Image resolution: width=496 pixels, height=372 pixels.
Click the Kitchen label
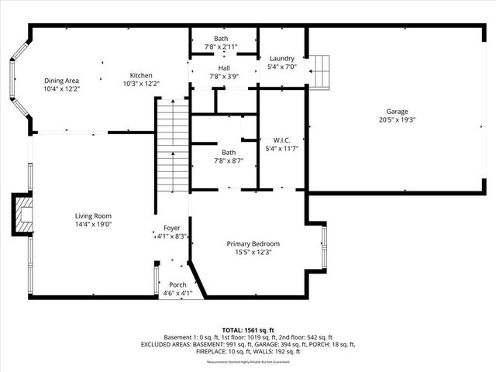tap(140, 75)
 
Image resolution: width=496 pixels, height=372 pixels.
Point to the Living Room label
tap(93, 215)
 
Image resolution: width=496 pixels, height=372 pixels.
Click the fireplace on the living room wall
tap(23, 213)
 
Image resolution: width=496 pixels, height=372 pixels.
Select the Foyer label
tap(171, 228)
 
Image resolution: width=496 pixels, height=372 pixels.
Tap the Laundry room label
tap(281, 59)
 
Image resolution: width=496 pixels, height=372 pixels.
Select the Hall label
tap(224, 68)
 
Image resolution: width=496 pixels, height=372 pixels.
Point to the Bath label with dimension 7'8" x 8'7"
tap(228, 153)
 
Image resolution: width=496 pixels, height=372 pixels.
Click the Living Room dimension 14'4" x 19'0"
tap(93, 224)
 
